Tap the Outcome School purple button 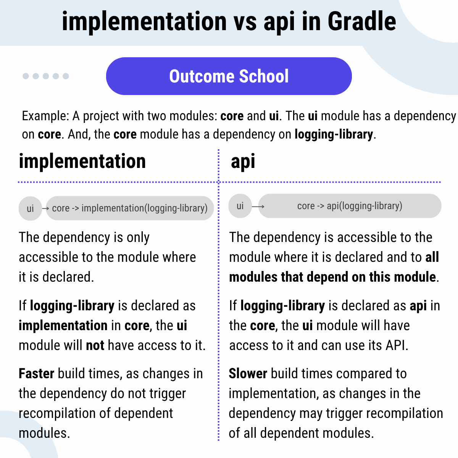click(x=229, y=76)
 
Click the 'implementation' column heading click(x=82, y=161)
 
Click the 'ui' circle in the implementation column click(x=30, y=208)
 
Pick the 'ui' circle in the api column click(x=240, y=206)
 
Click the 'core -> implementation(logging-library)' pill click(x=130, y=208)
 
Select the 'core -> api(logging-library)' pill click(x=350, y=206)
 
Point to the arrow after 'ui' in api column click(x=258, y=206)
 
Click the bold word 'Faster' click(x=36, y=374)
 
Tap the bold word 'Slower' click(x=248, y=374)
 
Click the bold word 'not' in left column click(x=95, y=345)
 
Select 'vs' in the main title click(x=245, y=21)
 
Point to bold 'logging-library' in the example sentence click(x=334, y=134)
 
